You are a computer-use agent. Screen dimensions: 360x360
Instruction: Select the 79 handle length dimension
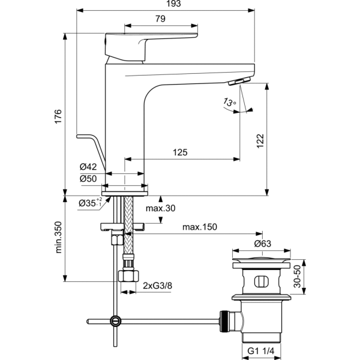pyautogui.click(x=160, y=19)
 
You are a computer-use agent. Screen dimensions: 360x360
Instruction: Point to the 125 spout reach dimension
pyautogui.click(x=179, y=152)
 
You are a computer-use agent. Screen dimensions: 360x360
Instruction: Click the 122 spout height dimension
pyautogui.click(x=260, y=141)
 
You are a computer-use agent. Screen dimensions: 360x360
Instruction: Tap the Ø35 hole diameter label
pyautogui.click(x=91, y=202)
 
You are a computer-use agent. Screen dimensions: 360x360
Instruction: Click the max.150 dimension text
pyautogui.click(x=200, y=227)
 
